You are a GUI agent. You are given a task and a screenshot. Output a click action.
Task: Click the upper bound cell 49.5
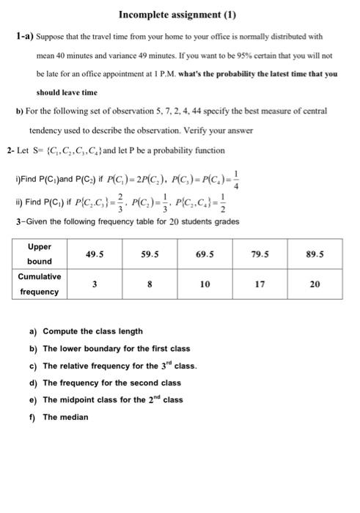pyautogui.click(x=95, y=253)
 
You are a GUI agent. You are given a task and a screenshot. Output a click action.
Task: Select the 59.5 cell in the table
pyautogui.click(x=150, y=253)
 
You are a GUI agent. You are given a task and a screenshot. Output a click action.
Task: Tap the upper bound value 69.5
pyautogui.click(x=206, y=253)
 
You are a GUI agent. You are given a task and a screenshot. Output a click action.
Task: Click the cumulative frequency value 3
pyautogui.click(x=95, y=284)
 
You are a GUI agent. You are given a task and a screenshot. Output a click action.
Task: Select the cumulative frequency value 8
pyautogui.click(x=150, y=284)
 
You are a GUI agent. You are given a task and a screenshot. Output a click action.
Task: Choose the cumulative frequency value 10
pyautogui.click(x=206, y=284)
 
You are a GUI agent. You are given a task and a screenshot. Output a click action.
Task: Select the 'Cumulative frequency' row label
pyautogui.click(x=40, y=284)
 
